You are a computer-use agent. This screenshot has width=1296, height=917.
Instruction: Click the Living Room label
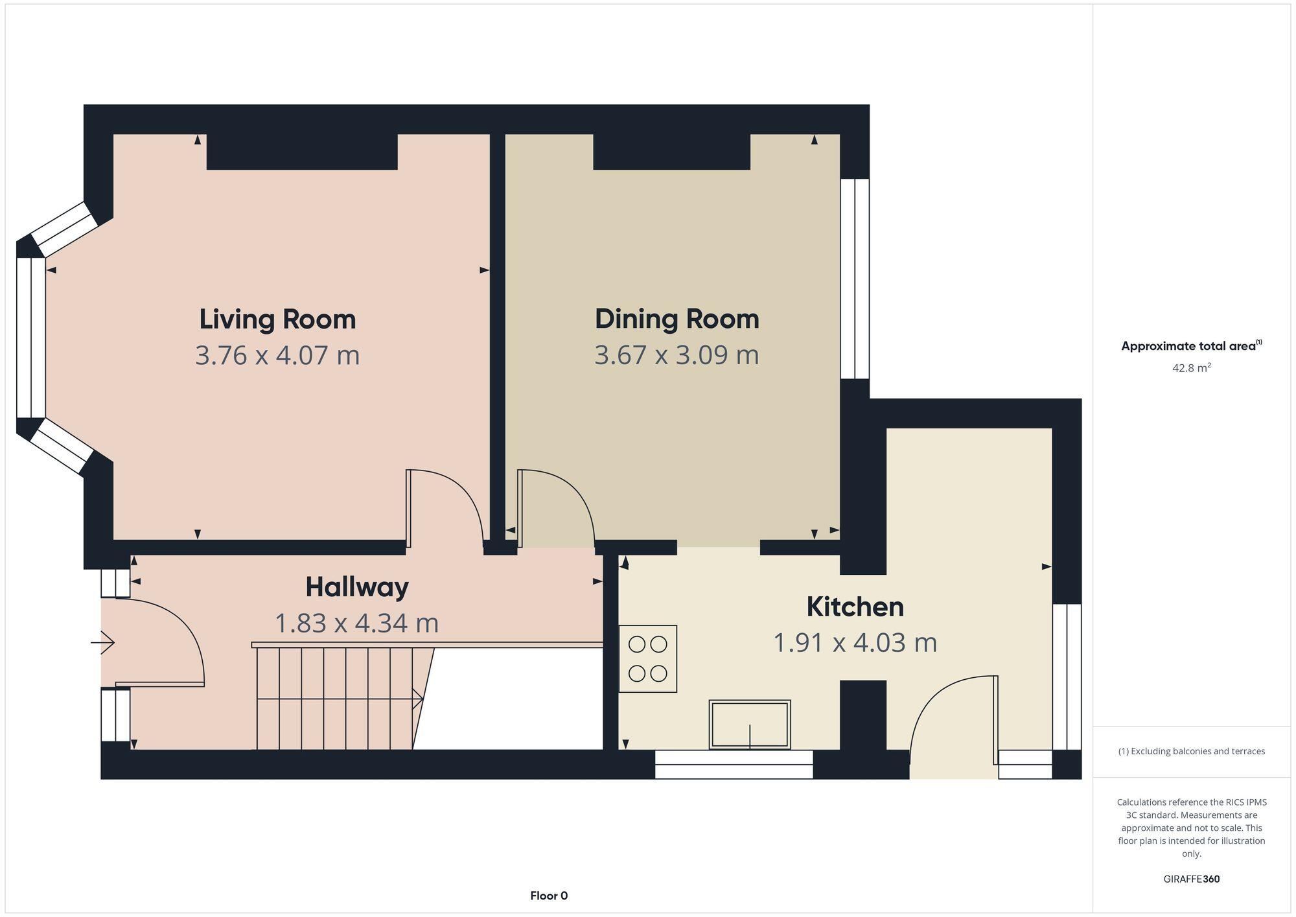click(277, 319)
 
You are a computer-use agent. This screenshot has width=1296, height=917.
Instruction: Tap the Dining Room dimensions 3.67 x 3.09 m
click(677, 355)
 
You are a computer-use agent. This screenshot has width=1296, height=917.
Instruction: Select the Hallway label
click(357, 587)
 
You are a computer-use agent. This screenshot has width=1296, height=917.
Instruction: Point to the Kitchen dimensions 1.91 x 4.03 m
click(855, 643)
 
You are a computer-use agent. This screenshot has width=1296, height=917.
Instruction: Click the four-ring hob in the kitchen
click(647, 659)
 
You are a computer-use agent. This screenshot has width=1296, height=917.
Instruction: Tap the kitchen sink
click(750, 724)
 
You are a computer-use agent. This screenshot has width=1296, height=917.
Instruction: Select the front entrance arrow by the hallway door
click(102, 643)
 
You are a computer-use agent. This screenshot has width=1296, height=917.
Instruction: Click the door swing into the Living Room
click(447, 505)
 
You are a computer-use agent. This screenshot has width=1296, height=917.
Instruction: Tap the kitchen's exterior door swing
click(953, 719)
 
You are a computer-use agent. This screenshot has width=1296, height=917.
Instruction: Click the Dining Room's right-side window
click(855, 279)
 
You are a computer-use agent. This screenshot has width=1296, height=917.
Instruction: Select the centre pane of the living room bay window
click(30, 338)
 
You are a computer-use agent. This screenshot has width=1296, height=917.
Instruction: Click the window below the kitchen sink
click(734, 765)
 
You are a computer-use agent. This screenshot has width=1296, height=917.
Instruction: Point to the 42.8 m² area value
click(1191, 368)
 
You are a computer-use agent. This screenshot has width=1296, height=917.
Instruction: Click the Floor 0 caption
click(549, 896)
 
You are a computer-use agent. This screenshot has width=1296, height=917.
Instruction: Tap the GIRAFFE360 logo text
click(1191, 879)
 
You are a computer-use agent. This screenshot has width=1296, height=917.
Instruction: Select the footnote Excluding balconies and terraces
click(1191, 752)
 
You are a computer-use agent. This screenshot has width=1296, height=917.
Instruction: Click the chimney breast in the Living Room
click(302, 152)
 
